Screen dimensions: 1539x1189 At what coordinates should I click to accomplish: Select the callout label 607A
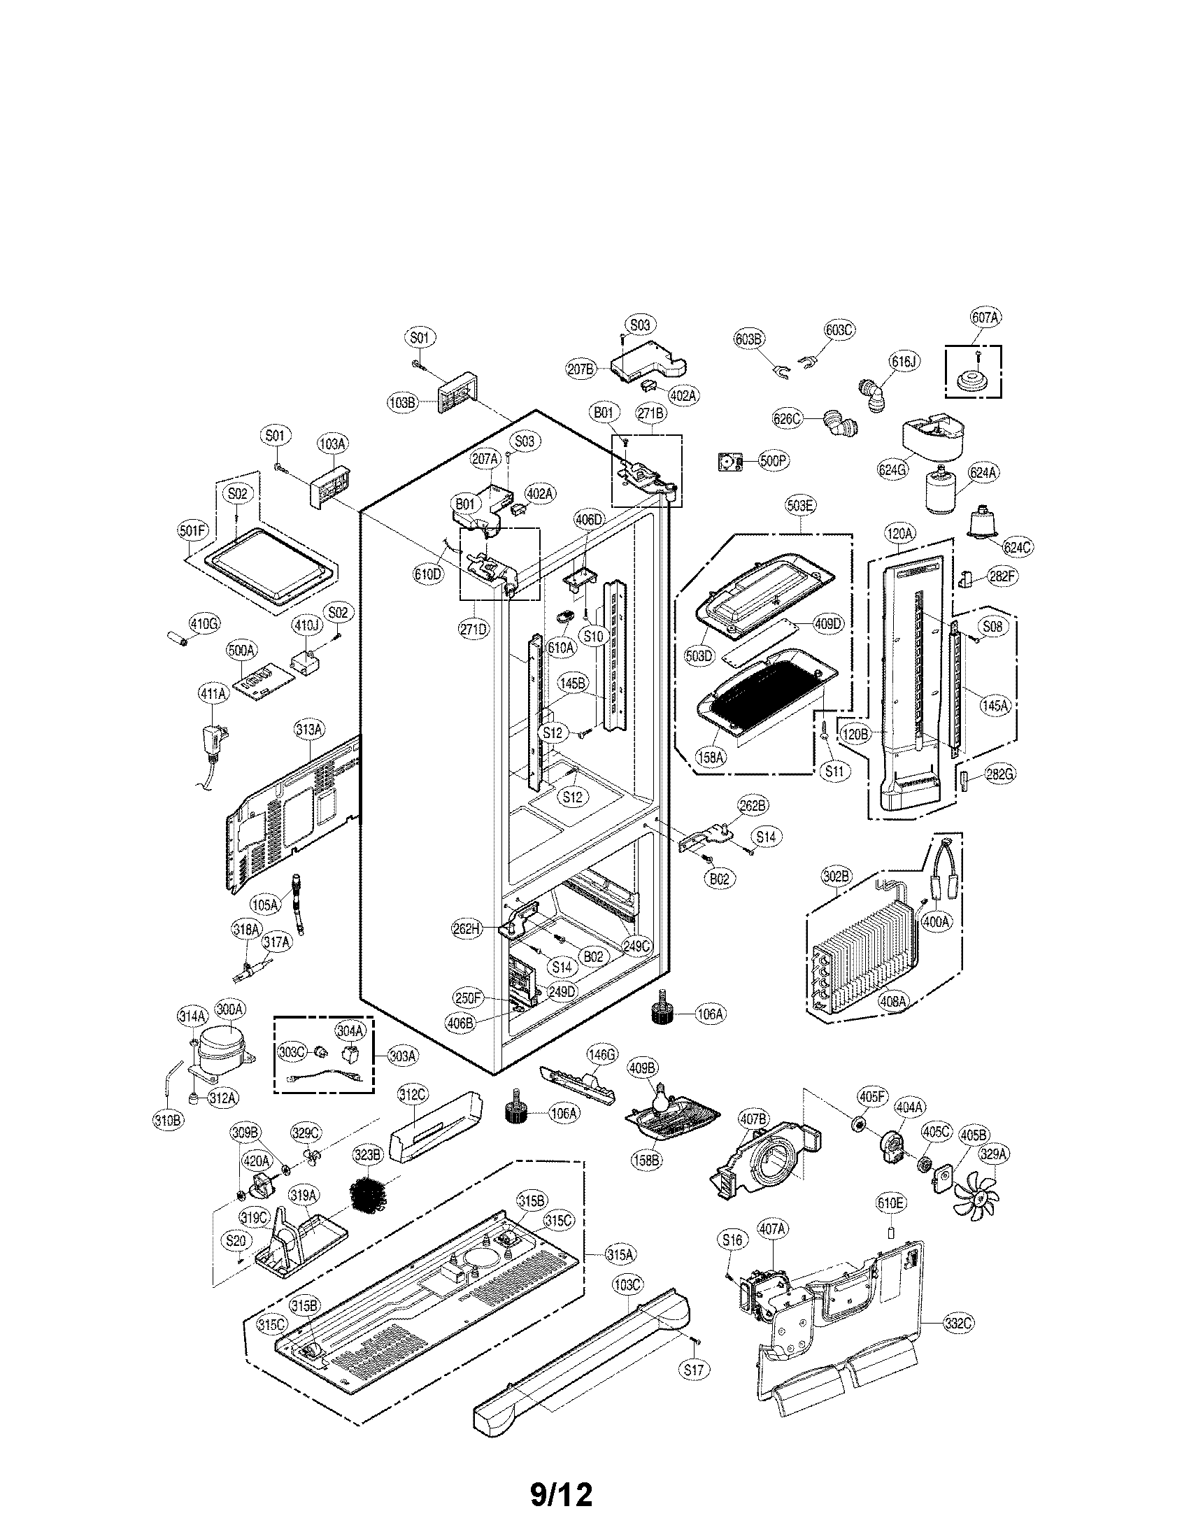[x=985, y=318]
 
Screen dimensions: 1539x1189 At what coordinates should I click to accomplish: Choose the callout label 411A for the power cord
[x=213, y=693]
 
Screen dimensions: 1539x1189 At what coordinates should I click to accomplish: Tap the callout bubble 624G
[x=891, y=469]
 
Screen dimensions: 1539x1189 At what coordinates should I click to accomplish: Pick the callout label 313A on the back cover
[x=309, y=730]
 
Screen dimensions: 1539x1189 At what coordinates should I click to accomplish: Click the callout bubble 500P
[x=774, y=461]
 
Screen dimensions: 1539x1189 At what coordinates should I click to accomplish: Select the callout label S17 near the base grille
[x=694, y=1388]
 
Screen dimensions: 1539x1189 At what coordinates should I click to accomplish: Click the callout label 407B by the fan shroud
[x=753, y=1119]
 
